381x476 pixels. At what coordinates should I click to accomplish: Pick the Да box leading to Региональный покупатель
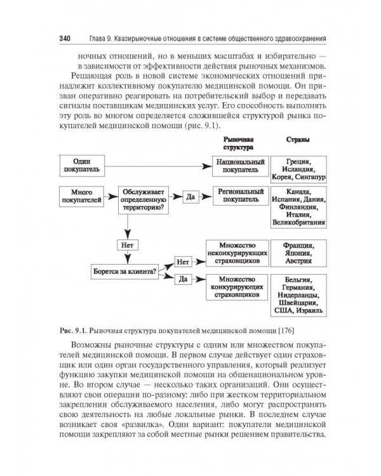(x=189, y=197)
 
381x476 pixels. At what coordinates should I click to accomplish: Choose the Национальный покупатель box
(x=237, y=166)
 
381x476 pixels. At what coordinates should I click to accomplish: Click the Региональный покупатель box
(x=237, y=195)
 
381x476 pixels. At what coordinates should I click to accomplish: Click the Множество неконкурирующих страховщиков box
(x=237, y=254)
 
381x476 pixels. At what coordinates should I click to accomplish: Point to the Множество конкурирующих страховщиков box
(x=237, y=287)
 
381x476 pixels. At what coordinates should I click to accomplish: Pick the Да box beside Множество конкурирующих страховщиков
(x=182, y=279)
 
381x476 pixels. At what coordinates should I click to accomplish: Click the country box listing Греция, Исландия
(x=298, y=166)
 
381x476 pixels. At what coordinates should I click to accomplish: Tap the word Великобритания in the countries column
(x=298, y=223)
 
